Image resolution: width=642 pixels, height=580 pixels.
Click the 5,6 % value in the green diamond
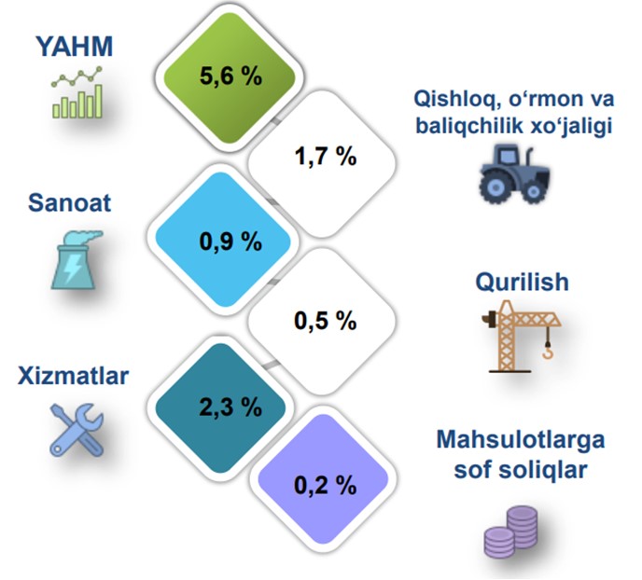click(230, 76)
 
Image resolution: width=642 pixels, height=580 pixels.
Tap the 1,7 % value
click(326, 157)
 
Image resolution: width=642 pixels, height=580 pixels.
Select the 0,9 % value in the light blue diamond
click(230, 242)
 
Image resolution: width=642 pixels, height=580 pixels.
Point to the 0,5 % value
click(326, 320)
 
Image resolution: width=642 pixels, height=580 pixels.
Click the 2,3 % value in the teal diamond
click(230, 407)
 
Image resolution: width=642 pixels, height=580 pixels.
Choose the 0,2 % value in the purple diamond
click(326, 486)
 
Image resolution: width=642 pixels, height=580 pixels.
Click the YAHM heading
click(75, 47)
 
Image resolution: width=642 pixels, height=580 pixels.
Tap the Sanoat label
click(70, 202)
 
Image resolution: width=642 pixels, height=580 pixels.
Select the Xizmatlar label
click(74, 376)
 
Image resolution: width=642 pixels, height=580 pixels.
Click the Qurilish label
click(522, 282)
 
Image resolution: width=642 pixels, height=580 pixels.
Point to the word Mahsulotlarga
click(521, 440)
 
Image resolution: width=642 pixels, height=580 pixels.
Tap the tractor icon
click(515, 173)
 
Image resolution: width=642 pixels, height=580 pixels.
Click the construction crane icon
click(521, 337)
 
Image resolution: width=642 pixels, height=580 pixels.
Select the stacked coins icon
click(511, 532)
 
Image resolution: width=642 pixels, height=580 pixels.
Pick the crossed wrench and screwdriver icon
click(77, 430)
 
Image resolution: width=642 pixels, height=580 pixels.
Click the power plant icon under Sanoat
click(77, 260)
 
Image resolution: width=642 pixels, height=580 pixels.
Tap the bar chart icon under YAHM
click(77, 92)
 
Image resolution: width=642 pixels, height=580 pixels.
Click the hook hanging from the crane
click(548, 352)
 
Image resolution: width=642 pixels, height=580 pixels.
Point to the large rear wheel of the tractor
click(496, 187)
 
